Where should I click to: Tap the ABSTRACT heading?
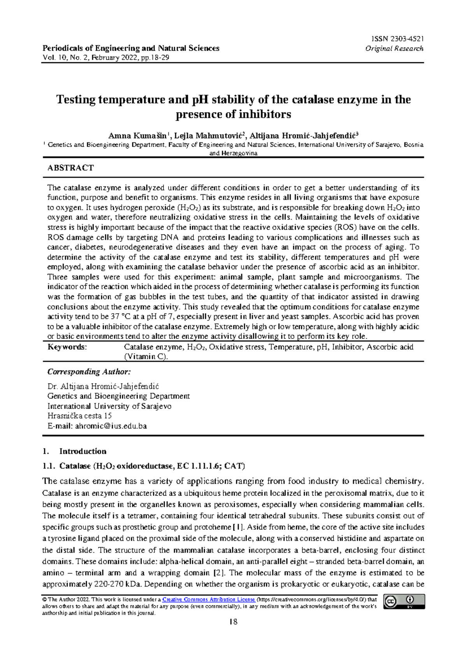point(70,168)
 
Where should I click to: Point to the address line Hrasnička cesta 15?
point(79,416)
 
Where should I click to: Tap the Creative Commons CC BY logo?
point(404,601)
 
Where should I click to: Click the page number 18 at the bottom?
point(233,622)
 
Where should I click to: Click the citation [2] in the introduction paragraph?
point(218,573)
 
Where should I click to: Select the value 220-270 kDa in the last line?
point(118,584)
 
